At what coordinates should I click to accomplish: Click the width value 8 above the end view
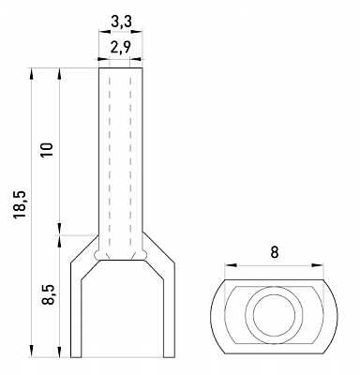273,252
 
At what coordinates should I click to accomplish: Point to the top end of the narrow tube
122,68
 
